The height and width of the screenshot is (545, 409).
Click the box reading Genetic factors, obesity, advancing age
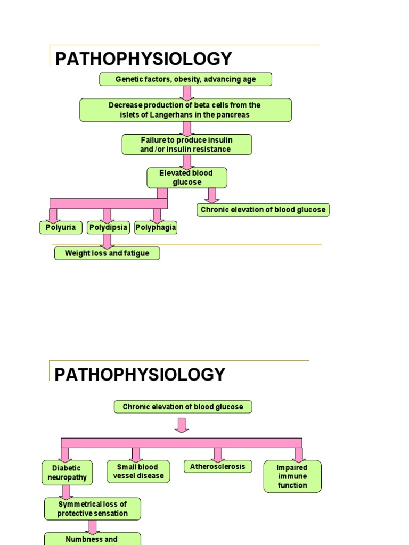coord(185,79)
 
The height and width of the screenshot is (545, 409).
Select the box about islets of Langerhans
coord(185,110)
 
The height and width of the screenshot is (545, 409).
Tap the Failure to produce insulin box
coord(186,145)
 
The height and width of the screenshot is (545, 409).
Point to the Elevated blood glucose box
coord(186,178)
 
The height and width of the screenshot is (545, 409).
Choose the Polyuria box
coord(61,228)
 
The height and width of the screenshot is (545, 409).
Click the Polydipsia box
coord(108,228)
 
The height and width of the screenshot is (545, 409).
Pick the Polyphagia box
coord(156,228)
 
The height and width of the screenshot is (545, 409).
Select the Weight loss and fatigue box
coord(107,253)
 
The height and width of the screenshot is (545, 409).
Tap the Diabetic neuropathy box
coord(67,473)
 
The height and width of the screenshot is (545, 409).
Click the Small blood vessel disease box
coord(138,472)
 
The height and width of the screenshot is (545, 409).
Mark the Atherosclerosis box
coord(217,467)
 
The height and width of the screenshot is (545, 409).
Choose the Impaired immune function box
coord(292,476)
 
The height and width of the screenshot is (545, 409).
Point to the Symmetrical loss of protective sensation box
coord(93,509)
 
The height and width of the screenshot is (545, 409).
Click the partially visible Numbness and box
coord(92,539)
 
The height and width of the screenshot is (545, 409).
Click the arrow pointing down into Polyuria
coord(53,215)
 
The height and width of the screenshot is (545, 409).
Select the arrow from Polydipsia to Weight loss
coord(107,241)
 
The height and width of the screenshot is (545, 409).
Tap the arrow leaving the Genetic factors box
coord(186,93)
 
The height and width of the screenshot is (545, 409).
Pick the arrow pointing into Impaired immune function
coord(298,454)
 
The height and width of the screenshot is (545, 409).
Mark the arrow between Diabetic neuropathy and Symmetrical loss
coord(67,492)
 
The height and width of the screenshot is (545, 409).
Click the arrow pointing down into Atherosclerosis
coord(217,454)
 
